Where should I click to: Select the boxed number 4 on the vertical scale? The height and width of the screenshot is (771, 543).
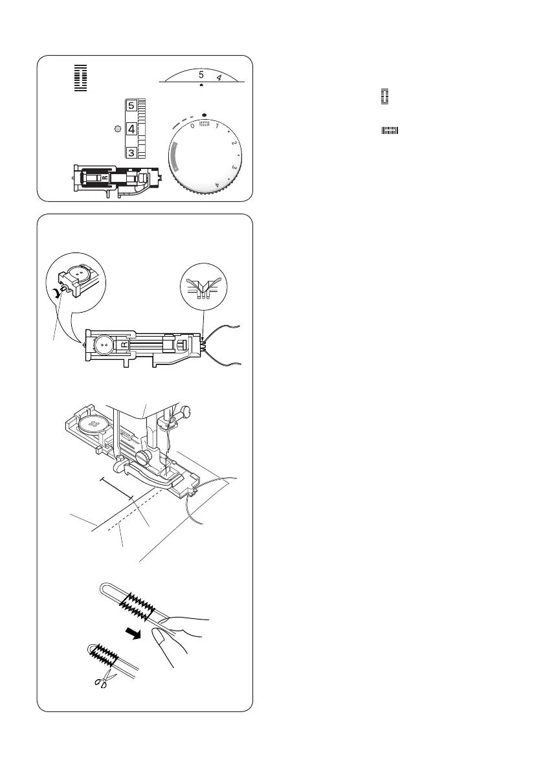tap(131, 129)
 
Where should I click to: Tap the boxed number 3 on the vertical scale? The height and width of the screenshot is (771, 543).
tap(131, 153)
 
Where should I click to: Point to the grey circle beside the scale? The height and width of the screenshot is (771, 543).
tap(117, 129)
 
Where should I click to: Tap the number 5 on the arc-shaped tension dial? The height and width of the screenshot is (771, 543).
tap(201, 74)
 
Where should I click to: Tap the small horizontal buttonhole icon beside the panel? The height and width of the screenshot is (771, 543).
tap(390, 131)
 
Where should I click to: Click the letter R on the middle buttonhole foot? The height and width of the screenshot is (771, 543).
tap(125, 344)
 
